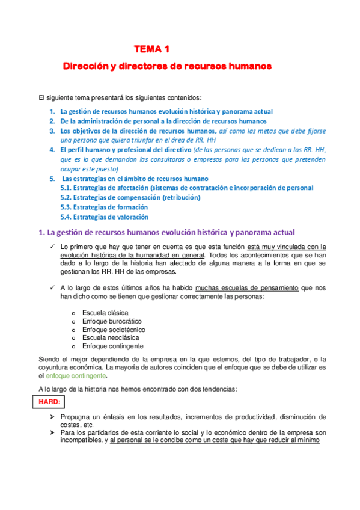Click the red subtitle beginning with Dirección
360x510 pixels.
tap(168, 64)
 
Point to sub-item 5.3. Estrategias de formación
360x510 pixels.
tap(105, 207)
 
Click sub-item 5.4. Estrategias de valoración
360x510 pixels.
tap(105, 217)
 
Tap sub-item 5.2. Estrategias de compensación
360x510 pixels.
tap(130, 197)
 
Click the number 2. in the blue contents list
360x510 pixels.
tap(52, 121)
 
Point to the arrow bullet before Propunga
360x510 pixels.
tap(52, 417)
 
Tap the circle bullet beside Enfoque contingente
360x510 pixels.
tap(73, 346)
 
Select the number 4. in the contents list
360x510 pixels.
tap(52, 150)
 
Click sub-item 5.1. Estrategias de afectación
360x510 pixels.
tap(187, 188)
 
